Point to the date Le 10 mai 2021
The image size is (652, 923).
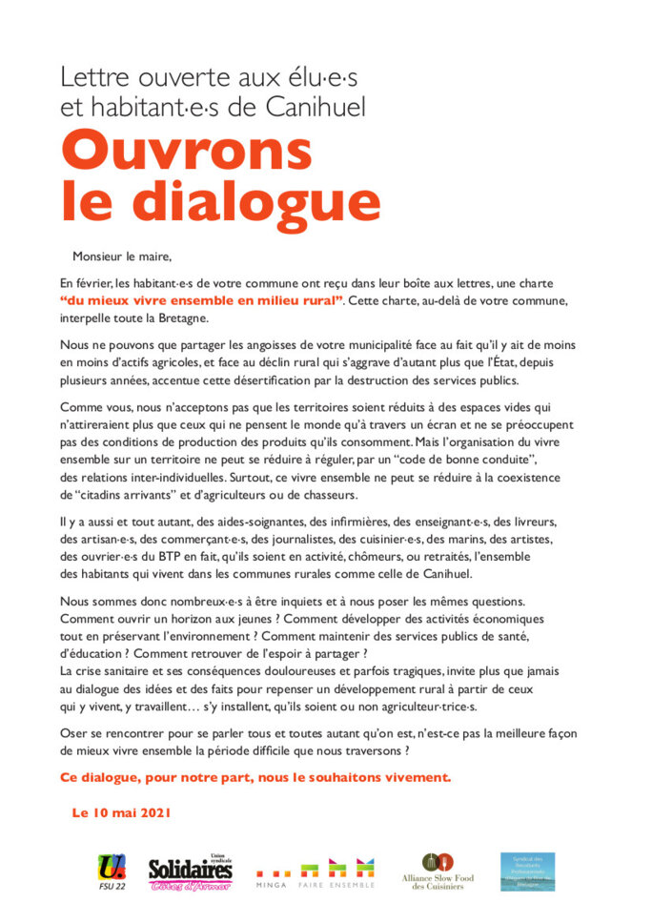pyautogui.click(x=120, y=813)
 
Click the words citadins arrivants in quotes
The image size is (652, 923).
pyautogui.click(x=112, y=494)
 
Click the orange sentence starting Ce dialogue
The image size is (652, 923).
pyautogui.click(x=255, y=776)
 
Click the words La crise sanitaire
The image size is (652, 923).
pyautogui.click(x=111, y=671)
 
